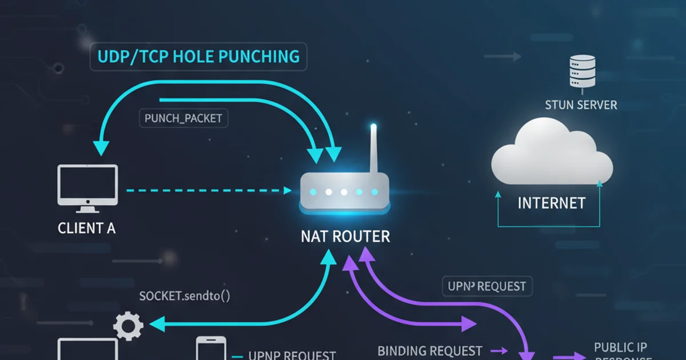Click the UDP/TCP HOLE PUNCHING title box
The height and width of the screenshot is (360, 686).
(199, 57)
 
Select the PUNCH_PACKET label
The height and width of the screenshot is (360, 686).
(184, 118)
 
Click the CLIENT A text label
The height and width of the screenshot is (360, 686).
(87, 228)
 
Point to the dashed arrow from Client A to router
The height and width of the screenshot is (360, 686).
(206, 189)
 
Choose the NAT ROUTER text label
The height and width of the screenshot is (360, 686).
(345, 236)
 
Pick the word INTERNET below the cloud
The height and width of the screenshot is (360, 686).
(552, 203)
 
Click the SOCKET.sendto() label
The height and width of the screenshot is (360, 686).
(185, 296)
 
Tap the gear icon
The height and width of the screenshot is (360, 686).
(128, 326)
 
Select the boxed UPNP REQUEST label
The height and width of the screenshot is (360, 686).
(488, 285)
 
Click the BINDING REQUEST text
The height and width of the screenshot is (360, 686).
(430, 350)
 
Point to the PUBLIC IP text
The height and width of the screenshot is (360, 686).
(621, 347)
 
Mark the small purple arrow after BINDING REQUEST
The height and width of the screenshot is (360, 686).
(498, 350)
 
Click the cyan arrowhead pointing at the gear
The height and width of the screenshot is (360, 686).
(155, 325)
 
